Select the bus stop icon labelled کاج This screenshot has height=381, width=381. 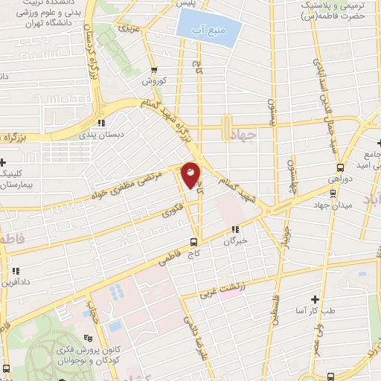pos(194,242)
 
